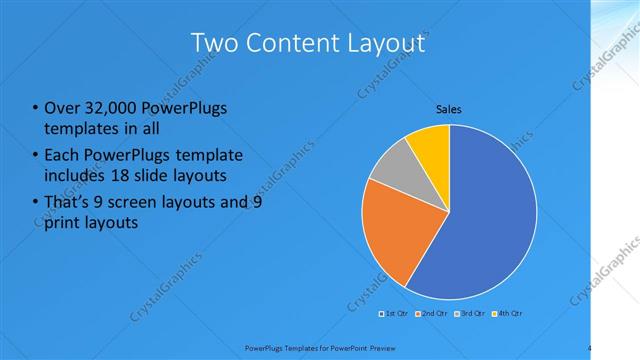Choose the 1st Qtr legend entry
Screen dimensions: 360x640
pyautogui.click(x=393, y=315)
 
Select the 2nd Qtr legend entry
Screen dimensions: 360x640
pyautogui.click(x=431, y=315)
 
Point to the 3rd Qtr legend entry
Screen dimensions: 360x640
pyautogui.click(x=469, y=315)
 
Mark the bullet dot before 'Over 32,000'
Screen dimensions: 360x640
pyautogui.click(x=36, y=108)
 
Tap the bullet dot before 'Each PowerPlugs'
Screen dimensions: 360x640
pyautogui.click(x=36, y=156)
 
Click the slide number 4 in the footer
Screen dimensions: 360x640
pyautogui.click(x=590, y=348)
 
